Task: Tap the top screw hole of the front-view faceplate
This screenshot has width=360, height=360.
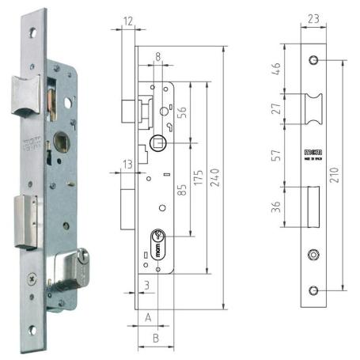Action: [x=315, y=61]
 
